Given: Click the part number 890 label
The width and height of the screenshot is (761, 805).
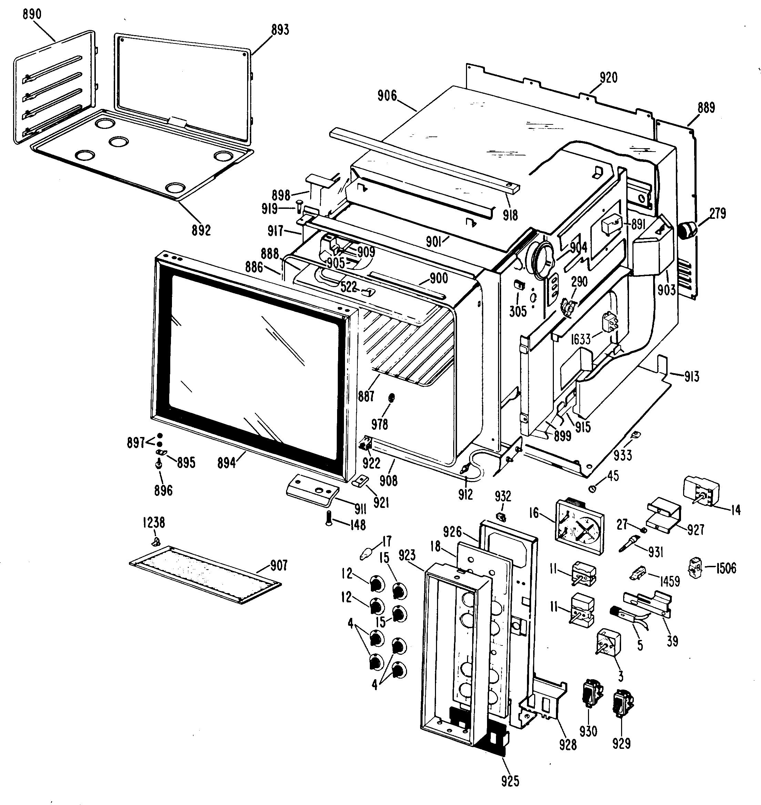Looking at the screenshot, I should (32, 14).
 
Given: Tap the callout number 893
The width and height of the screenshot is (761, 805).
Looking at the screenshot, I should (280, 30).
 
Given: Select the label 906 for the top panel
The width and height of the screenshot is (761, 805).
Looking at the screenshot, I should (387, 96).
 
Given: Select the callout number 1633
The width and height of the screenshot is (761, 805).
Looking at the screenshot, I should (580, 339).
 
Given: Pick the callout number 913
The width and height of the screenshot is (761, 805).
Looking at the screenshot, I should (691, 376).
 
